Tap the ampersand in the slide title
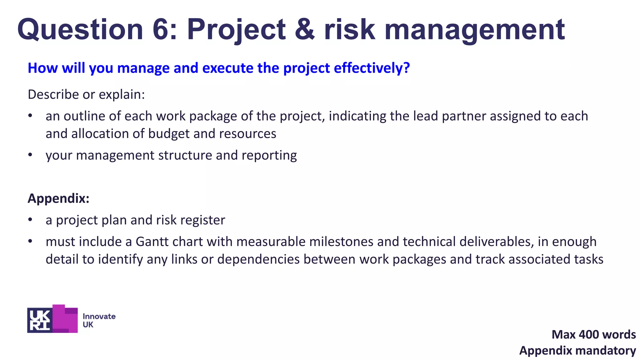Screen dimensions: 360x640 (x=304, y=29)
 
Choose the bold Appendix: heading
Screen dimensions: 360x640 (x=58, y=198)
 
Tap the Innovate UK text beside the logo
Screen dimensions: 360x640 (x=99, y=320)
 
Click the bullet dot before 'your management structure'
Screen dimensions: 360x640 (x=30, y=155)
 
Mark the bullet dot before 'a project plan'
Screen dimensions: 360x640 (x=30, y=220)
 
